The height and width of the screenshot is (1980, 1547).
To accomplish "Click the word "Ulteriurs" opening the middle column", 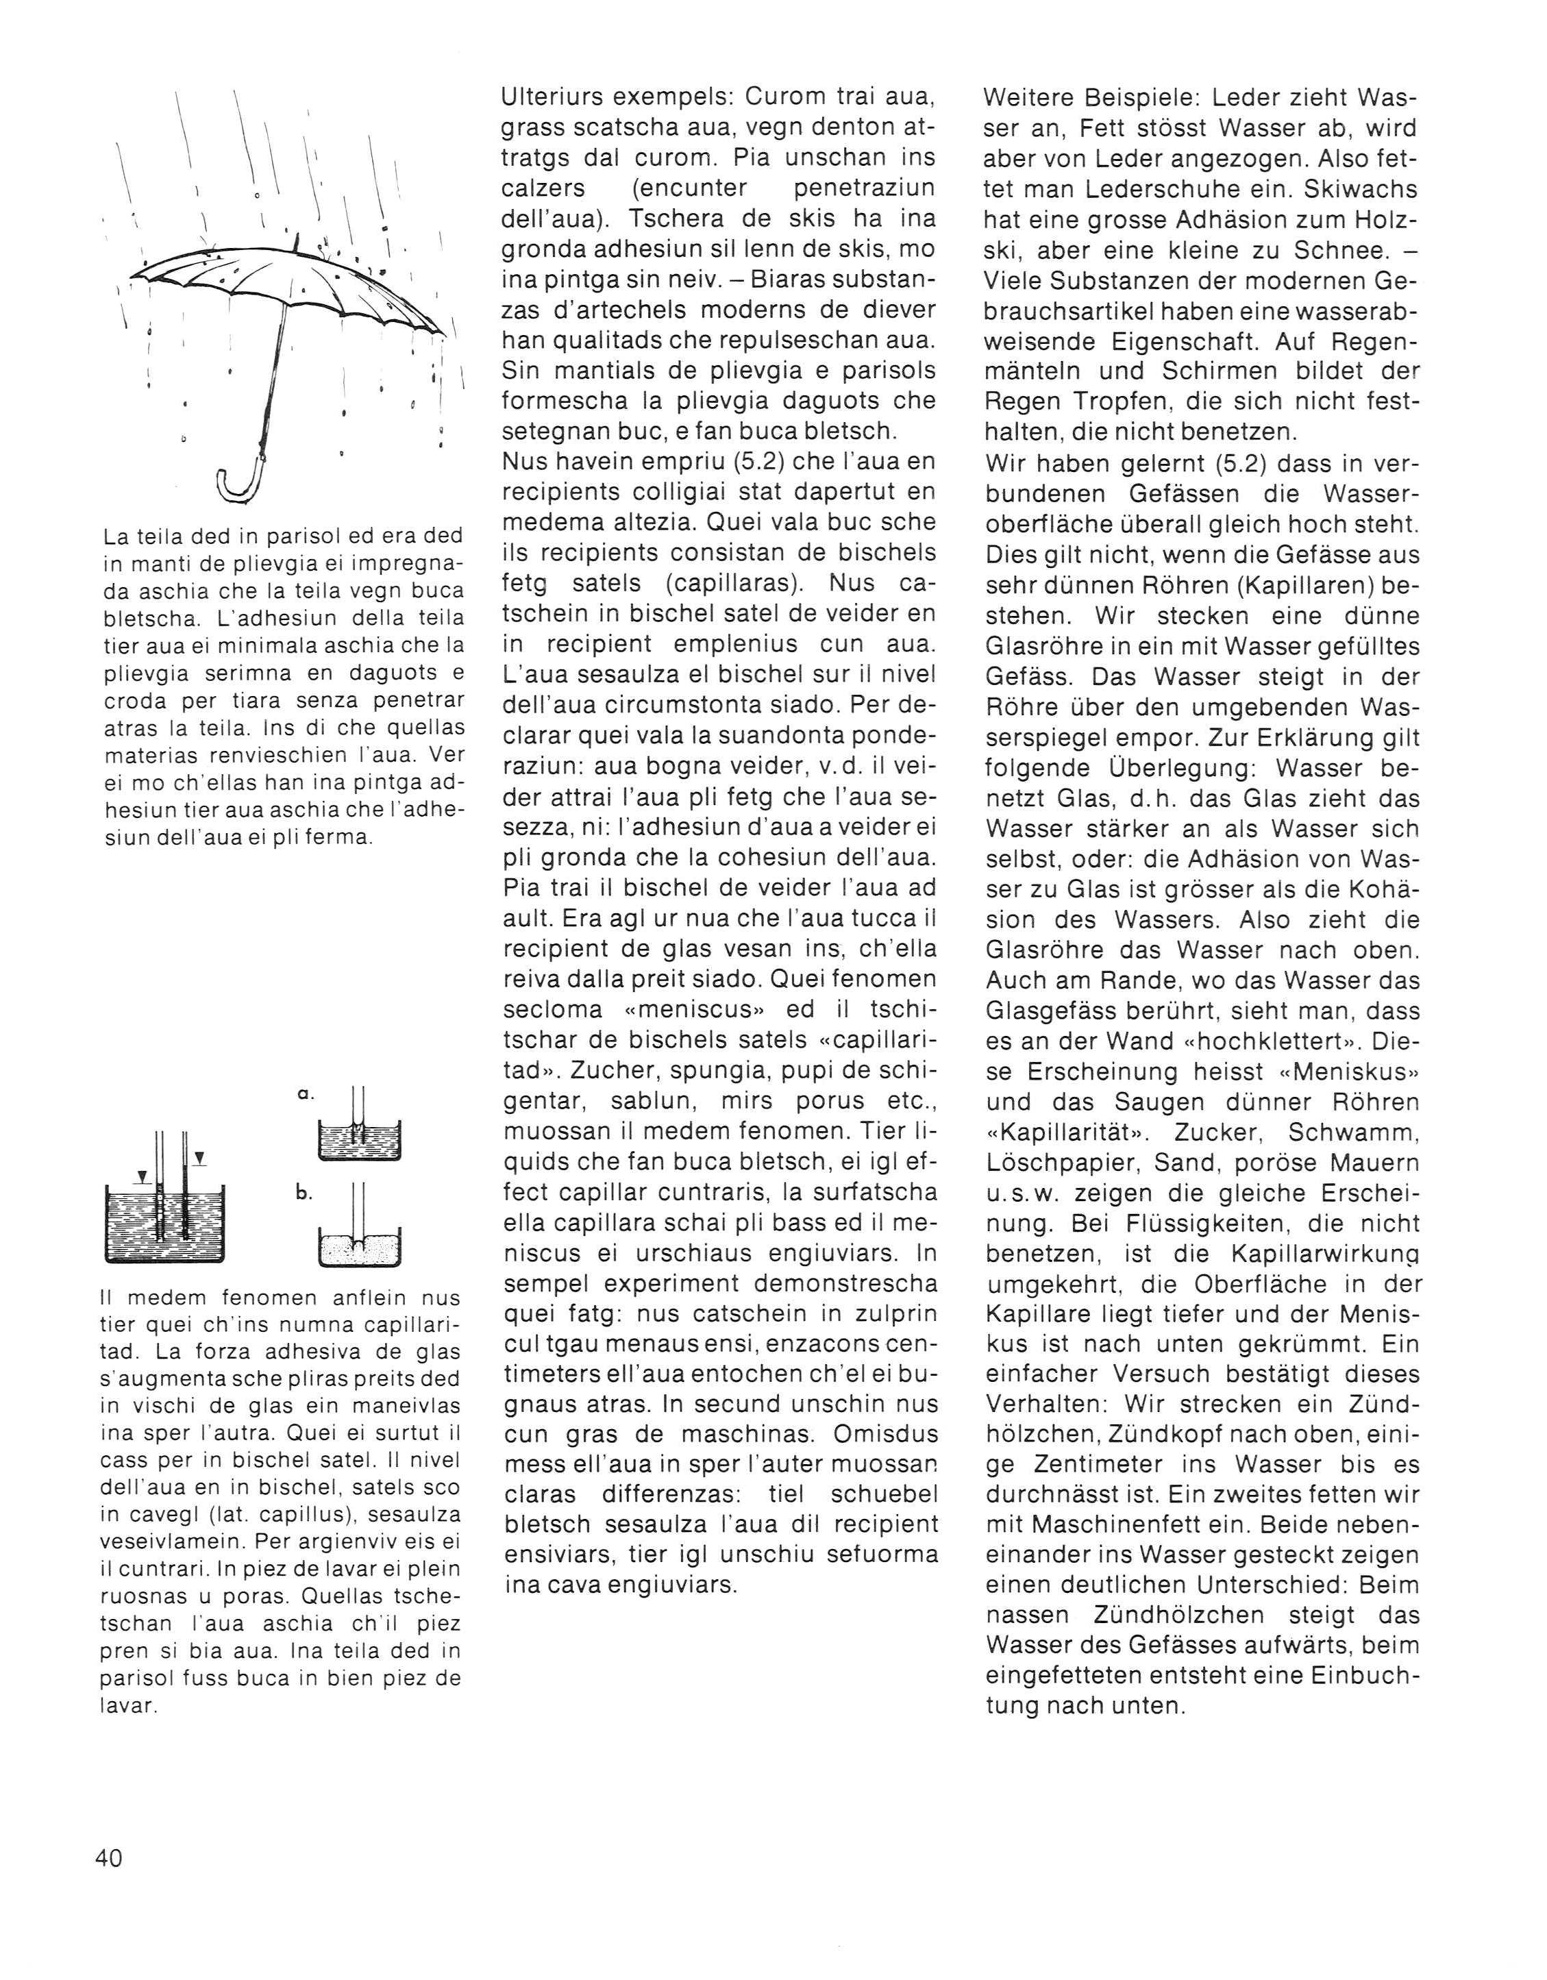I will (550, 96).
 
